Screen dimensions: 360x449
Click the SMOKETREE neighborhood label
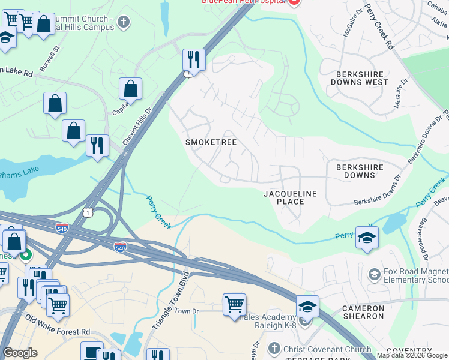click(x=211, y=142)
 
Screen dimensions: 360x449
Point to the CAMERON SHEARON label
click(x=363, y=312)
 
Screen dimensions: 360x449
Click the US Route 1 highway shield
click(x=88, y=212)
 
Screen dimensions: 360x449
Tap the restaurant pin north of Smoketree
click(x=194, y=59)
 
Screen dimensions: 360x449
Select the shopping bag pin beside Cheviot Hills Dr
click(x=130, y=89)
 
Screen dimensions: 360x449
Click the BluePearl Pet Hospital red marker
click(x=294, y=3)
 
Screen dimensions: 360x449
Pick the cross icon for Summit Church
click(x=123, y=23)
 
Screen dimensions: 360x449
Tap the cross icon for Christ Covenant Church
click(x=274, y=348)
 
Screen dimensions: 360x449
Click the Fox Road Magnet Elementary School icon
click(x=375, y=275)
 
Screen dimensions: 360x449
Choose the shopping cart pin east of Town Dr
click(x=234, y=304)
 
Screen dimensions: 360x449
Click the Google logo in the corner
click(x=20, y=353)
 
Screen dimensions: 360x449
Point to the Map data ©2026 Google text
click(x=412, y=356)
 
